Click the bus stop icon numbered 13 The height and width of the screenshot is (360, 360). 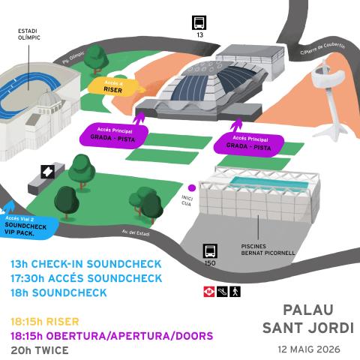[x=199, y=22]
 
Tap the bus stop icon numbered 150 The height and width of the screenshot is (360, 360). [x=210, y=251]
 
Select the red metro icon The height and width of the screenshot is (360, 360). [x=209, y=292]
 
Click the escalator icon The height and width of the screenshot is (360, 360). [x=222, y=292]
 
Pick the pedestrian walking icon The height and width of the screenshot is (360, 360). [x=235, y=292]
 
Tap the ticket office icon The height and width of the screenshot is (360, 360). [x=48, y=172]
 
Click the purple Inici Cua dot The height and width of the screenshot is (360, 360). [x=192, y=187]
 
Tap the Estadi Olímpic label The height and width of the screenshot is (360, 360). [x=28, y=34]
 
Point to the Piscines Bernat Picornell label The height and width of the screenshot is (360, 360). [x=268, y=250]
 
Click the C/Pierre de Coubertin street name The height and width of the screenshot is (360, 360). [x=322, y=49]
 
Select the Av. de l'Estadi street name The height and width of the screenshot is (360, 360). [x=136, y=232]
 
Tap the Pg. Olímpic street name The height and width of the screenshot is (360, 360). [x=73, y=58]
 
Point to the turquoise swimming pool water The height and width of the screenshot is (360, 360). [x=269, y=183]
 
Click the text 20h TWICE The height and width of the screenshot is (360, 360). [x=40, y=350]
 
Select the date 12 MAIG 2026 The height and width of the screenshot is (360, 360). [x=309, y=349]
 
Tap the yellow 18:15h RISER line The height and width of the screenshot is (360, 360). [x=45, y=322]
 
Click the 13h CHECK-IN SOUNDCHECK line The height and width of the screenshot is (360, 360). [x=86, y=264]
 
